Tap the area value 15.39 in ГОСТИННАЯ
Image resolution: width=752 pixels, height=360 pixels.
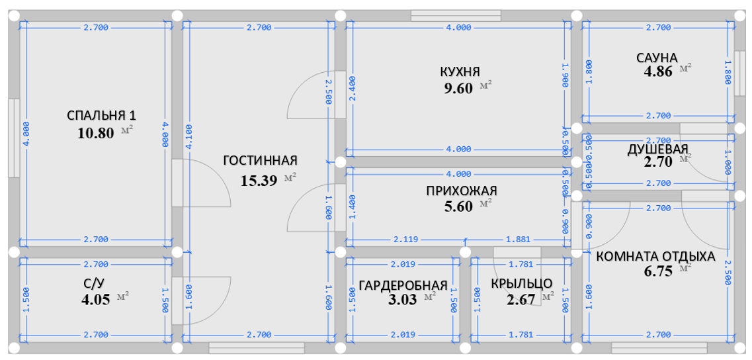(258, 180)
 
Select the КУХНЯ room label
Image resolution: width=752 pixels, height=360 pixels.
(460, 71)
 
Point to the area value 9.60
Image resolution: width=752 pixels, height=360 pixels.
(459, 88)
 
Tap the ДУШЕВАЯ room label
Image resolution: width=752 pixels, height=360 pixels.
(657, 149)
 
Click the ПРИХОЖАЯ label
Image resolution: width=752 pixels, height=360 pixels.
(461, 191)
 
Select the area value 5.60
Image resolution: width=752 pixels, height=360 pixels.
(459, 206)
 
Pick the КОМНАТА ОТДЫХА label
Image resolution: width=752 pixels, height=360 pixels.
(655, 256)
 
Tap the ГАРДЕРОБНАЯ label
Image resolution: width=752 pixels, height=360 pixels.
(403, 285)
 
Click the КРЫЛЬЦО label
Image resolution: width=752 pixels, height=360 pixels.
(521, 284)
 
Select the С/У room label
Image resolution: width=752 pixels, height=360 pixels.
(95, 283)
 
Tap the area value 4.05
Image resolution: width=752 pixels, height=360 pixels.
(95, 298)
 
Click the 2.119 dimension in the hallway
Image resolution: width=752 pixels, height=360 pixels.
(405, 239)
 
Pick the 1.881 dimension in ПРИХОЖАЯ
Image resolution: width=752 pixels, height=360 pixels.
(518, 239)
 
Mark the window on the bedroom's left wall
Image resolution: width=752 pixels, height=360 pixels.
(14, 138)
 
